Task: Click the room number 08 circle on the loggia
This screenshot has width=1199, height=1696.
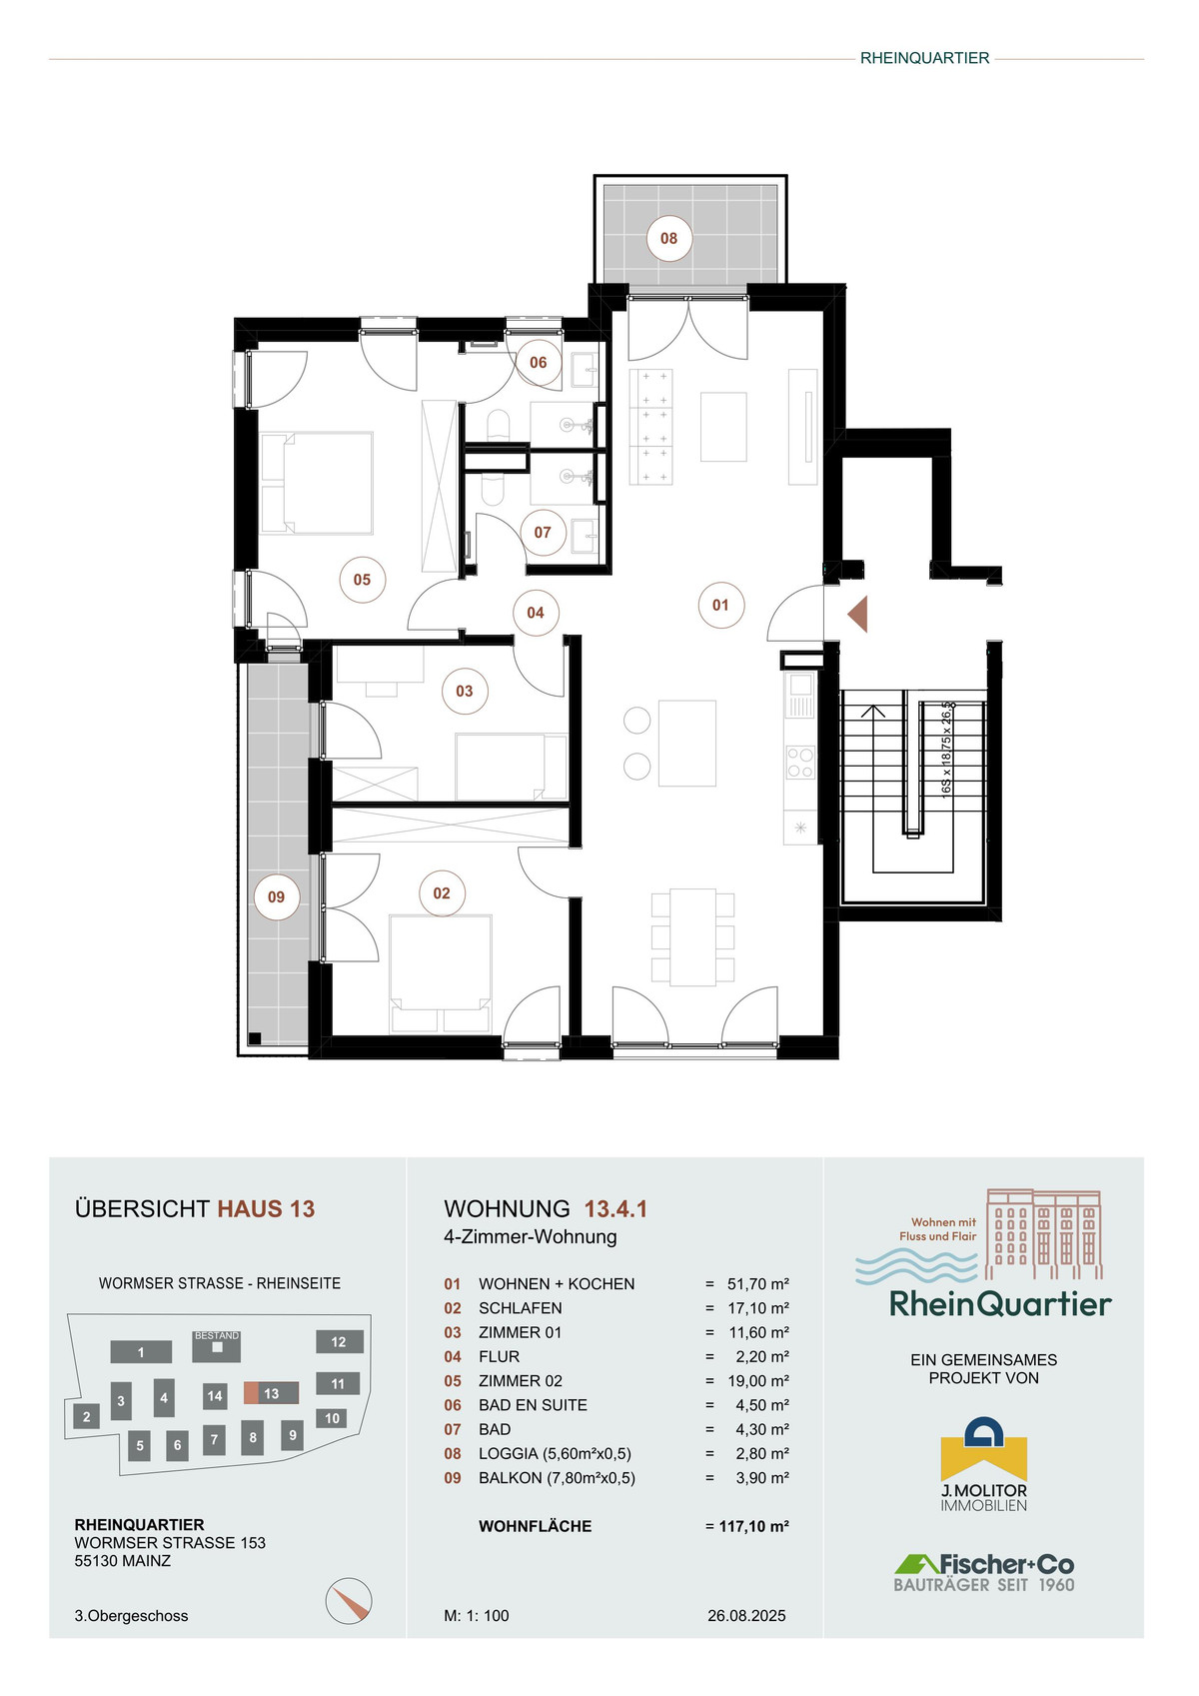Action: [x=668, y=239]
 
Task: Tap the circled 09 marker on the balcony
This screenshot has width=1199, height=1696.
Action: [x=277, y=897]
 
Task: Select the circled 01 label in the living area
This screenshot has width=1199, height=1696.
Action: [x=720, y=605]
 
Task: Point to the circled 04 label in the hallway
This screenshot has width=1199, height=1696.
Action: [x=536, y=613]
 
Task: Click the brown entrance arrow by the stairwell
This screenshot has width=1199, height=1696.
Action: [x=857, y=614]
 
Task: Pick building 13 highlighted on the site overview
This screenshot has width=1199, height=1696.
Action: [x=271, y=1393]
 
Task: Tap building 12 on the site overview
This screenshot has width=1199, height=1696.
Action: [x=339, y=1341]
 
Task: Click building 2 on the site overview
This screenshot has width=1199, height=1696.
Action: [x=86, y=1416]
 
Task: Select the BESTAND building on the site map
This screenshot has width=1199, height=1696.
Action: [x=217, y=1346]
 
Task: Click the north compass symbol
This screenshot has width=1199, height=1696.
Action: [x=349, y=1601]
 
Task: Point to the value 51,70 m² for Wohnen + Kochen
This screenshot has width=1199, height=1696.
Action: [x=758, y=1283]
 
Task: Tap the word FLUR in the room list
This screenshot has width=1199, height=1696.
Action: [x=499, y=1356]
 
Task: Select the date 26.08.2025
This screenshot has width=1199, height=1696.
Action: [x=746, y=1615]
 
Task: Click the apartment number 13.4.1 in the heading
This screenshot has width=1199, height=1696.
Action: [x=615, y=1209]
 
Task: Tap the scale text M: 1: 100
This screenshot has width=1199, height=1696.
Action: [x=477, y=1615]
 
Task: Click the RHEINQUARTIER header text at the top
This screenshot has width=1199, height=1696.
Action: [x=924, y=58]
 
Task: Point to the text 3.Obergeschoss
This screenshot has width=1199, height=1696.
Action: [x=131, y=1616]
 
